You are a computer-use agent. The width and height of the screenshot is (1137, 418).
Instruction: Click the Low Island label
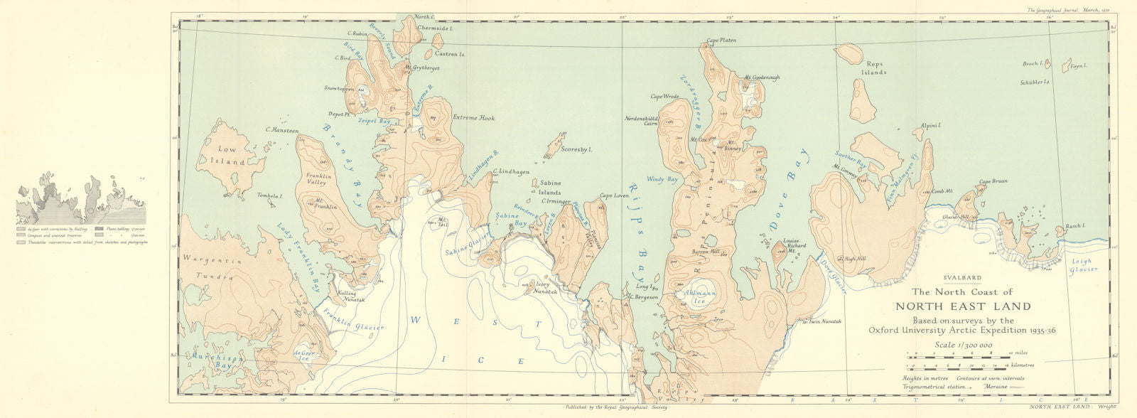(227, 156)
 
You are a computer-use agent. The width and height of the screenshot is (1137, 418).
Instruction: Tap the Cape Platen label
(721, 41)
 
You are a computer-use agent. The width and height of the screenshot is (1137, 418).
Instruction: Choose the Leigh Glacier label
(1084, 265)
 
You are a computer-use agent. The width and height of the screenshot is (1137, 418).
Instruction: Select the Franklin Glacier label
(352, 317)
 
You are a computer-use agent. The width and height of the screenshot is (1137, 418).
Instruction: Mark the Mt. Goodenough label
(762, 77)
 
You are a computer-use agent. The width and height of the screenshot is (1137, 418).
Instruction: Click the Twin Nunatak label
(824, 321)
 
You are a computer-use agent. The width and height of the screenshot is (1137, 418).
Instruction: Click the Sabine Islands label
(550, 188)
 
